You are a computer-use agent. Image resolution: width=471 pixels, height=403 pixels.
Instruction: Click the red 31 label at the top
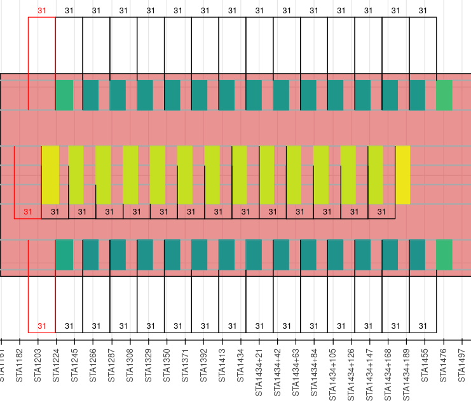coord(42,10)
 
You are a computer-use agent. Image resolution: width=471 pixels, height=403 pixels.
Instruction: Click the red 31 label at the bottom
coord(42,326)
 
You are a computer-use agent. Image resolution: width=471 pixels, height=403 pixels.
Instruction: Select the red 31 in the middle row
coord(27,212)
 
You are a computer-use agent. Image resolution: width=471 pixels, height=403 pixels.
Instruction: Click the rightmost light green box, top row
coord(444,95)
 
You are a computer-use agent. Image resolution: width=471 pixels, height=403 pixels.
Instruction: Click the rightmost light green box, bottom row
coord(444,254)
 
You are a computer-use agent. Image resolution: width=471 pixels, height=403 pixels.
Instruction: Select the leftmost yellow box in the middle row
coord(50,175)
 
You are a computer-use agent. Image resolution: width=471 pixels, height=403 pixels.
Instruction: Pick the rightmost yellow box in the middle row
coord(403,175)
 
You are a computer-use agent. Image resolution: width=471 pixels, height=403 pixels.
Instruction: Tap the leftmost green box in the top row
coord(64,95)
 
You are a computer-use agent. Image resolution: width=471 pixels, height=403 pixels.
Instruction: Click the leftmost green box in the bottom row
coord(64,254)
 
